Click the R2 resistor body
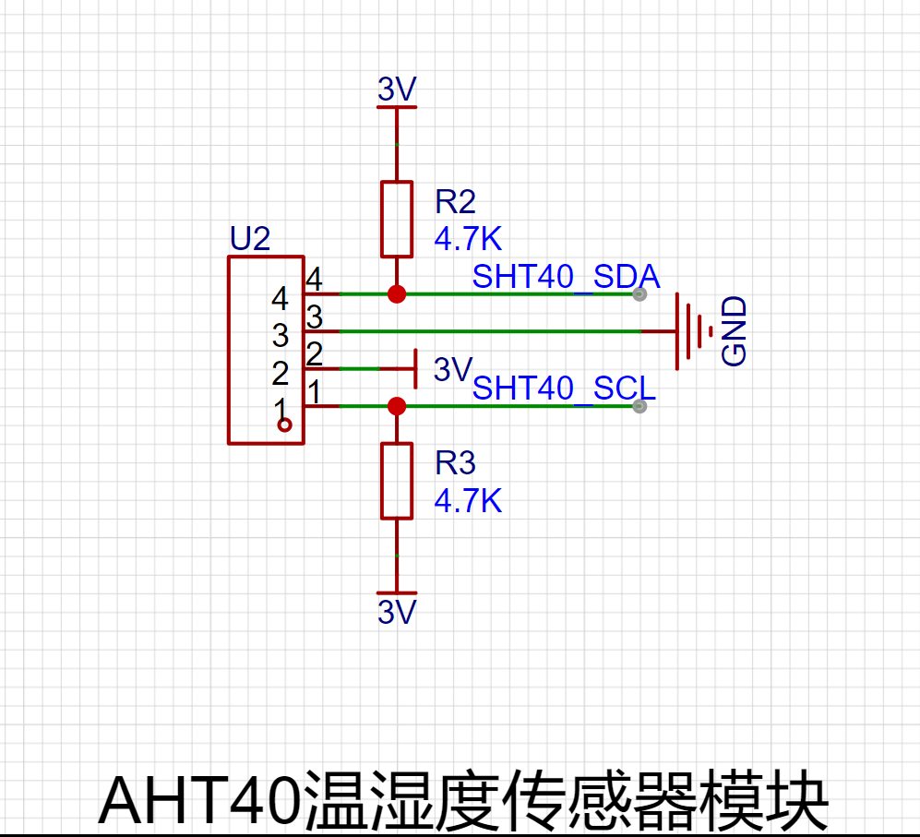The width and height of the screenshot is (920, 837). (x=397, y=220)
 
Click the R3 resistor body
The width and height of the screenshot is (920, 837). (x=397, y=482)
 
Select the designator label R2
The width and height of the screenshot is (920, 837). (x=455, y=202)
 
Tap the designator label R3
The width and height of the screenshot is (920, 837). (x=455, y=463)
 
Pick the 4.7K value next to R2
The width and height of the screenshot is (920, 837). (x=468, y=239)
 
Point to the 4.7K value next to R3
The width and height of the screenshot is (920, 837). (x=468, y=501)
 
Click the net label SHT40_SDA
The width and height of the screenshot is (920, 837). (x=566, y=277)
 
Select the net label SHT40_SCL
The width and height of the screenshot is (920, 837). (x=564, y=388)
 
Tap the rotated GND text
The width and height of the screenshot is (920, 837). (x=734, y=331)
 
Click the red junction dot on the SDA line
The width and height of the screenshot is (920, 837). (x=397, y=294)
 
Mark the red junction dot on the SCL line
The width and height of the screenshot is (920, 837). (x=397, y=406)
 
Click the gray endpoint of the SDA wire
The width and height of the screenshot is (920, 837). (x=639, y=294)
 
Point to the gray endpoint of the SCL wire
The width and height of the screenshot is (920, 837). (x=639, y=406)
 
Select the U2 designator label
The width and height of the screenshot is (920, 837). (x=250, y=238)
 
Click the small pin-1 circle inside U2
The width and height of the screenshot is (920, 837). (x=284, y=424)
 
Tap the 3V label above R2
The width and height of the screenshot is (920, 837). (x=397, y=90)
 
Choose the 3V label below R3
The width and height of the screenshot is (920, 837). (x=397, y=612)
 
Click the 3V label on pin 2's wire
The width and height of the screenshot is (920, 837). (x=453, y=369)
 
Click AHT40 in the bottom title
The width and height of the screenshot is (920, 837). (x=199, y=801)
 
